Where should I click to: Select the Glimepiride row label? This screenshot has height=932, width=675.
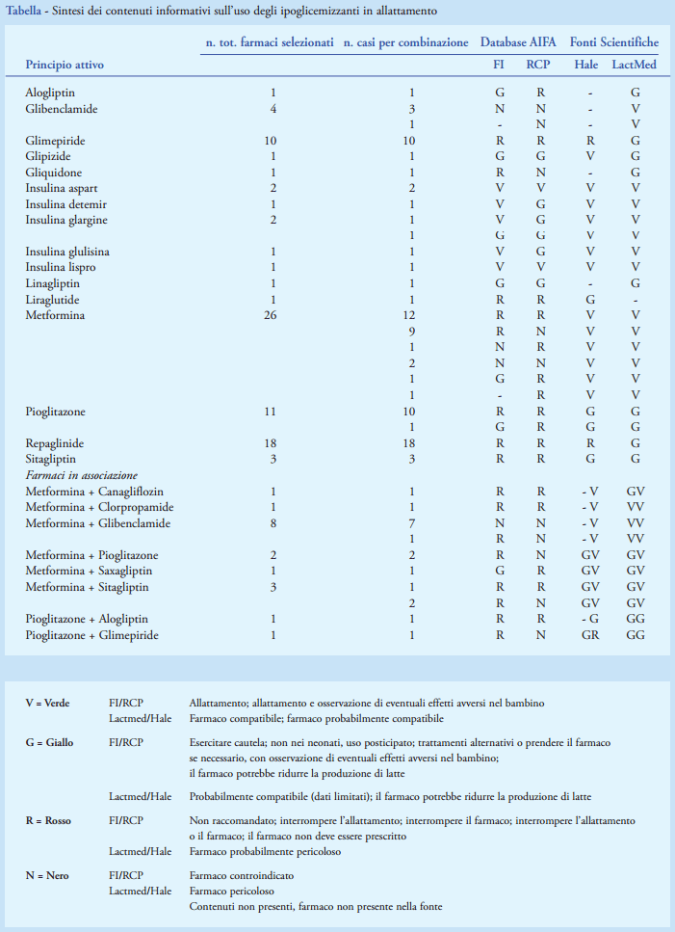click(x=55, y=141)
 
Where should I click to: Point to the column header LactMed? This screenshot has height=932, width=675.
click(x=635, y=65)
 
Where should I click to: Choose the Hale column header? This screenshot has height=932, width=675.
click(x=585, y=65)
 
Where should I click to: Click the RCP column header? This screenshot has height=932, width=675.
click(x=539, y=65)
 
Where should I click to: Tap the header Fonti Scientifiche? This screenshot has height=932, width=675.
click(x=614, y=42)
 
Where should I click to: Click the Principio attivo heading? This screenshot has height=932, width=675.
click(x=65, y=65)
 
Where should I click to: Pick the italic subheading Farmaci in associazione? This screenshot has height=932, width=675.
click(x=81, y=475)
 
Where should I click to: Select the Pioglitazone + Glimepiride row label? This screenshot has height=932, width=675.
click(x=91, y=635)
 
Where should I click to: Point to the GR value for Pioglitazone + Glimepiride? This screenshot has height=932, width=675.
click(x=585, y=635)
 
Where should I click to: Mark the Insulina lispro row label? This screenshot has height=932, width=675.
click(x=61, y=267)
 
